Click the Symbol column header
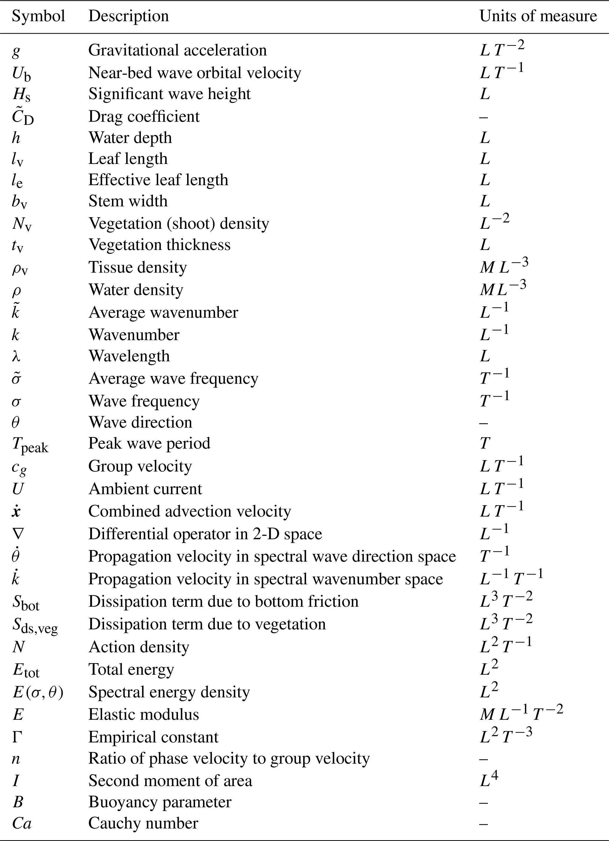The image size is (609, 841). pos(38,16)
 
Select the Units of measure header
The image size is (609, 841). pos(538,16)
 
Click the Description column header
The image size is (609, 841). pos(128,16)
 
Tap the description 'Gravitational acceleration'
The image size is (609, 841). pos(177,50)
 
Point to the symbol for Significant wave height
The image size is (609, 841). pos(22,95)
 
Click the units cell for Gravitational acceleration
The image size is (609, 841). pos(502,49)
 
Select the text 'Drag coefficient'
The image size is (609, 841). pos(144,116)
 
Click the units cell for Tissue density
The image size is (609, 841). pos(504,266)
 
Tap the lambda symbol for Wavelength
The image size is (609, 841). pos(16,356)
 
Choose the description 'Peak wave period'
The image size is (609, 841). pos(149,443)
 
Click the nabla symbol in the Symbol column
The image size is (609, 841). pos(17,534)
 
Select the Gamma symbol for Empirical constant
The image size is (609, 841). pos(17,737)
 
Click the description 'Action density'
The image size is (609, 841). pos(139,647)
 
